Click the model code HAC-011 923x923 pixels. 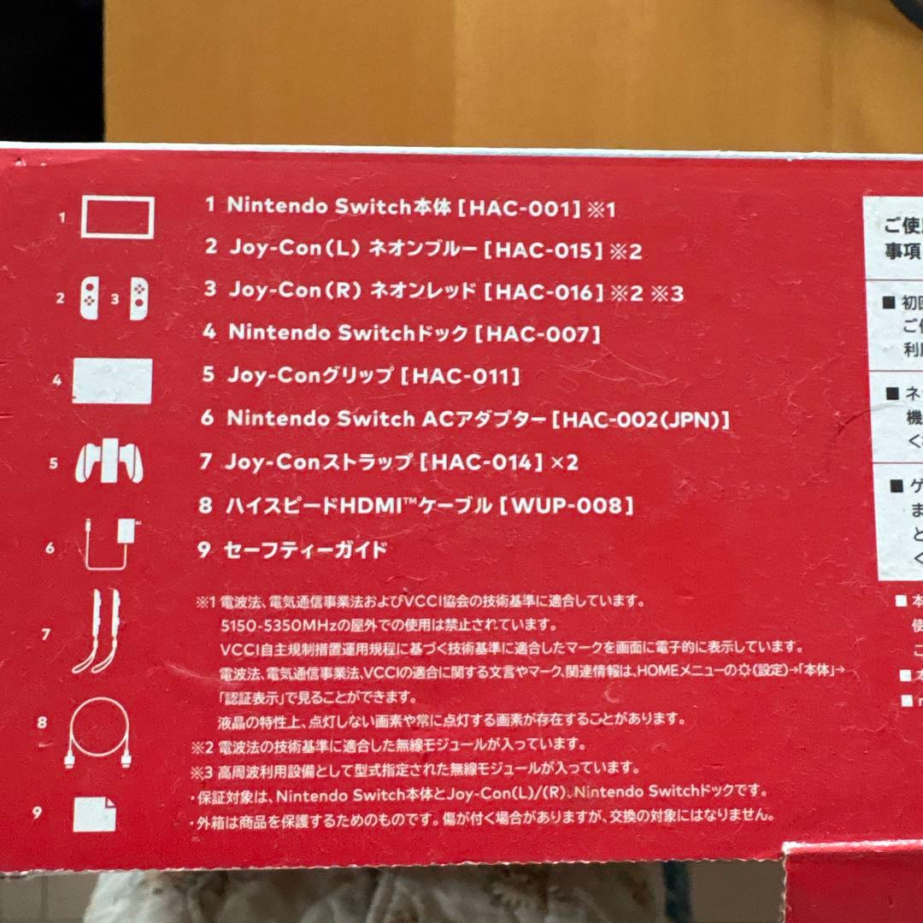[461, 376]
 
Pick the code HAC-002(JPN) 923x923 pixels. [642, 420]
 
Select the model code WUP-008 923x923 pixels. [571, 506]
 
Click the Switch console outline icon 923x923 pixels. [117, 217]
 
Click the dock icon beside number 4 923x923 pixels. [112, 380]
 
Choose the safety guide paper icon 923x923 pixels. [94, 813]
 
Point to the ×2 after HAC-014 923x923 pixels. [563, 462]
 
